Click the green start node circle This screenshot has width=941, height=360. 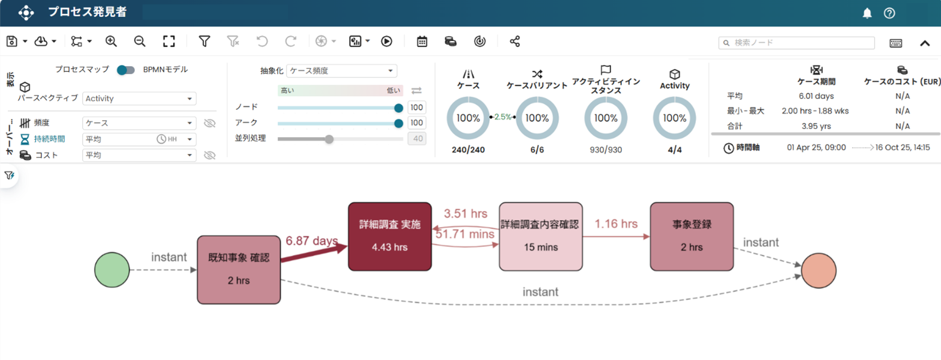click(112, 270)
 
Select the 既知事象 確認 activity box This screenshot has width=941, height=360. click(239, 269)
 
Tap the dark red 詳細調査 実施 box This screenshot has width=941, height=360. click(389, 236)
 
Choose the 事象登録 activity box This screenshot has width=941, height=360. click(692, 236)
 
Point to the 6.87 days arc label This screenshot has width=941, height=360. click(311, 241)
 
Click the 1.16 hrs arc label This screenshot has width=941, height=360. click(616, 224)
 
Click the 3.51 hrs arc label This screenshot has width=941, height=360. click(465, 213)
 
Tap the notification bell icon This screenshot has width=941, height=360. click(867, 13)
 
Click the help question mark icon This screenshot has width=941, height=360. click(889, 13)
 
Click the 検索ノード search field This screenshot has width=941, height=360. click(796, 43)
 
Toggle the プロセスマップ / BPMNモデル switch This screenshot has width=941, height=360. click(126, 70)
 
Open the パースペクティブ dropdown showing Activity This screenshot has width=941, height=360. click(139, 99)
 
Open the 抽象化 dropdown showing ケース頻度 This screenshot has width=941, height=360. click(341, 71)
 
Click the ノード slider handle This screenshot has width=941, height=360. click(398, 108)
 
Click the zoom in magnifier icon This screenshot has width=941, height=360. click(111, 41)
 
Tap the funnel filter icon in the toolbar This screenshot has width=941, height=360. click(204, 41)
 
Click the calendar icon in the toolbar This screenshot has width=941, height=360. click(422, 41)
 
